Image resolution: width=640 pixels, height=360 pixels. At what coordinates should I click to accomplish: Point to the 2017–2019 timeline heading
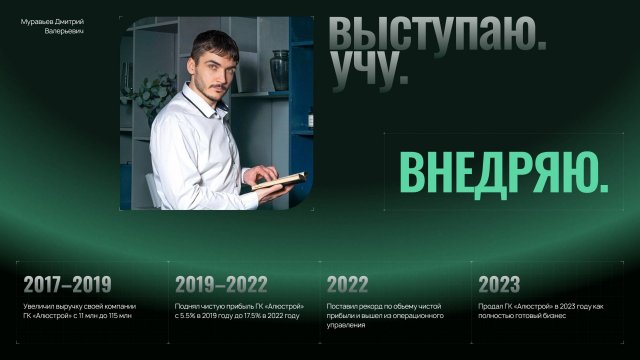[67, 283]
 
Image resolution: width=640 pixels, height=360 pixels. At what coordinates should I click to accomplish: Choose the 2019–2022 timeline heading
[220, 283]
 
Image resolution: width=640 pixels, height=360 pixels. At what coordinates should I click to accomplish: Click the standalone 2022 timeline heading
[347, 283]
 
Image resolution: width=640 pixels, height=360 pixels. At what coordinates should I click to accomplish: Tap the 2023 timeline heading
[499, 283]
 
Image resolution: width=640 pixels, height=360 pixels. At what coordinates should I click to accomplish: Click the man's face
[219, 71]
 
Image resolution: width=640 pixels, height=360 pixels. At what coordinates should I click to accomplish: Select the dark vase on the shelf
[279, 71]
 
